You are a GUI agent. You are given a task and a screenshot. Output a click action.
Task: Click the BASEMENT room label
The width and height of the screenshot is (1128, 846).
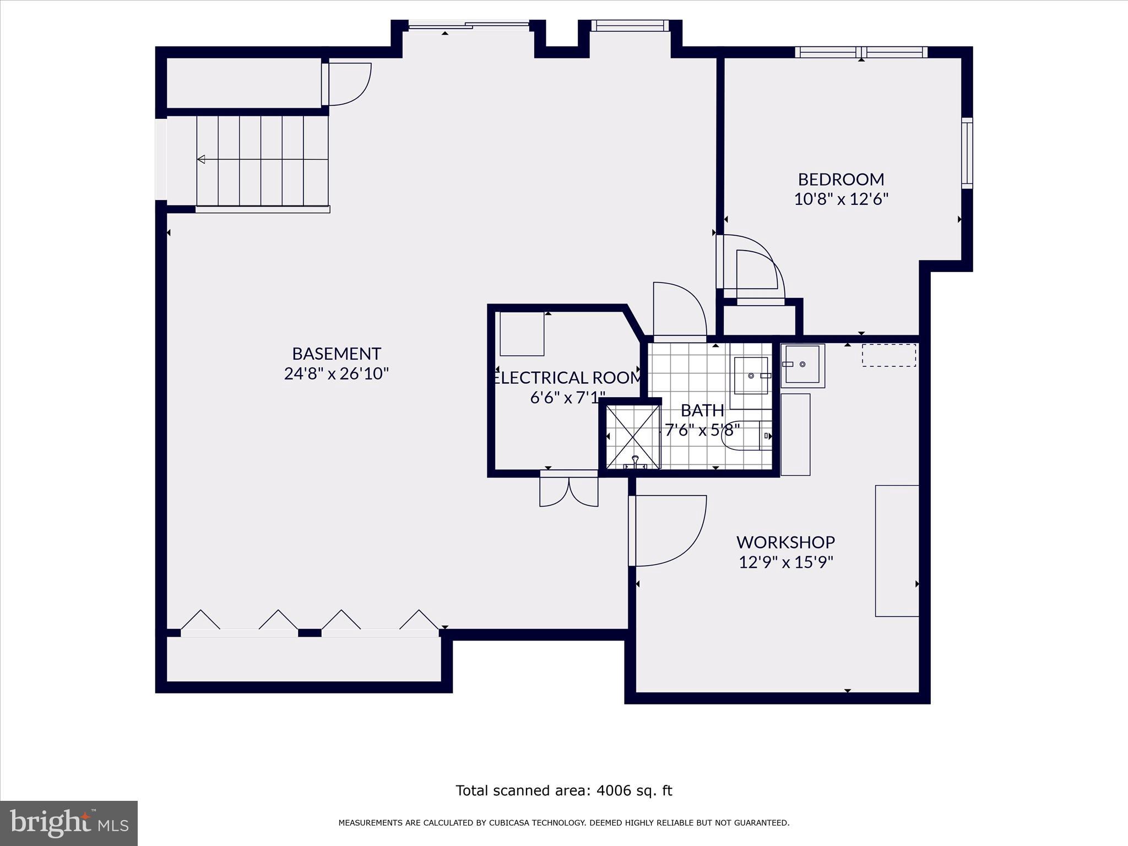click(x=336, y=353)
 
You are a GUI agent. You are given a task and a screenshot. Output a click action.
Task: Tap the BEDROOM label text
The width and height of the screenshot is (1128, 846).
click(x=840, y=179)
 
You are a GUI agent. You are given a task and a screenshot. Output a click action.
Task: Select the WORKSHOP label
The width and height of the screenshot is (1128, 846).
click(x=785, y=542)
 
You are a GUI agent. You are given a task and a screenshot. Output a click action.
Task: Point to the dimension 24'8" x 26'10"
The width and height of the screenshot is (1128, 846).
click(x=336, y=374)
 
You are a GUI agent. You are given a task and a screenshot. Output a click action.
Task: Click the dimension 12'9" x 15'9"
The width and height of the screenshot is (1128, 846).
click(x=785, y=562)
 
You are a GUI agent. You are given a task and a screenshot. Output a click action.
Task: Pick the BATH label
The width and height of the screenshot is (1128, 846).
click(x=702, y=410)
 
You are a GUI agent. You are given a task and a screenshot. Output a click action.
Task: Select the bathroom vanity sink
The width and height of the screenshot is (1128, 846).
click(x=751, y=375)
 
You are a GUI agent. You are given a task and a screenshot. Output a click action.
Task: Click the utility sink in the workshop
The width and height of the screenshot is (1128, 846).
click(x=802, y=365)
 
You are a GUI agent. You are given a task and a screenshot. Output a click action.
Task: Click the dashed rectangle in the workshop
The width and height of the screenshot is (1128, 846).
click(x=888, y=355)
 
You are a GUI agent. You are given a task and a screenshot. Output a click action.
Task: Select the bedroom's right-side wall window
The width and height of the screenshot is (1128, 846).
click(x=967, y=153)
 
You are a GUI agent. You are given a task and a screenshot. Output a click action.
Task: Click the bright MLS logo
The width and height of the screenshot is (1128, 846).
click(x=69, y=823)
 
